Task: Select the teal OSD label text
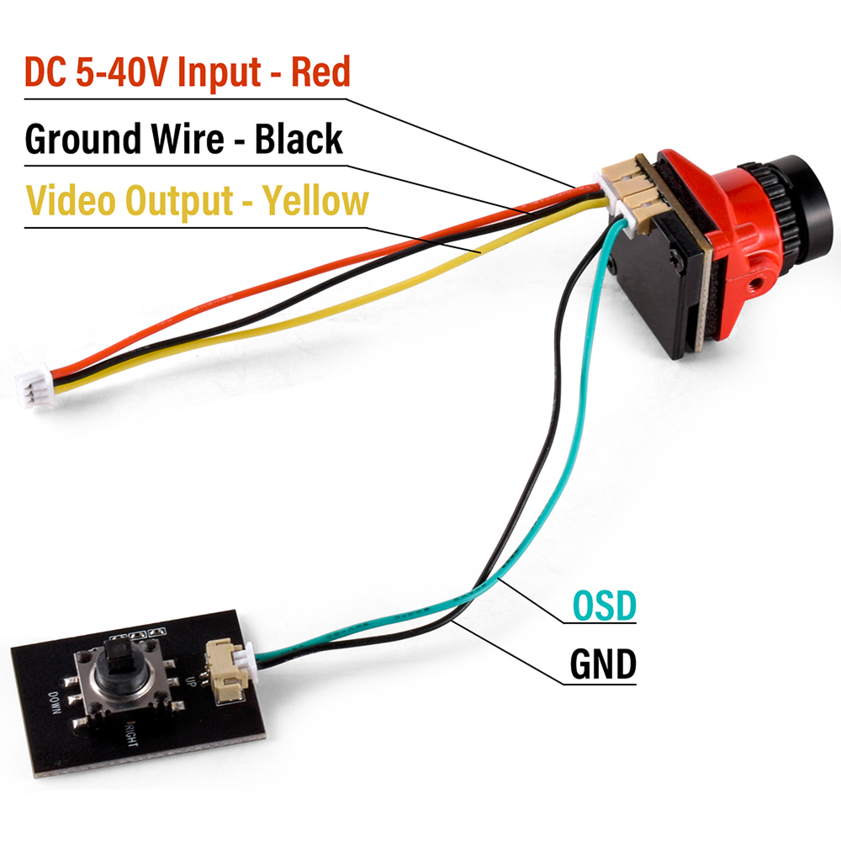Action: click(x=604, y=606)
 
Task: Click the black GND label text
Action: click(x=603, y=664)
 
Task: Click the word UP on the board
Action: click(x=196, y=681)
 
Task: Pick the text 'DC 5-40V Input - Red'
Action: click(x=187, y=74)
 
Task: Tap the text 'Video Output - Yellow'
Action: click(x=197, y=202)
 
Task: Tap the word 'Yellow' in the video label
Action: click(x=315, y=202)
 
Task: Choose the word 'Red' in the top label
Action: click(x=320, y=74)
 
